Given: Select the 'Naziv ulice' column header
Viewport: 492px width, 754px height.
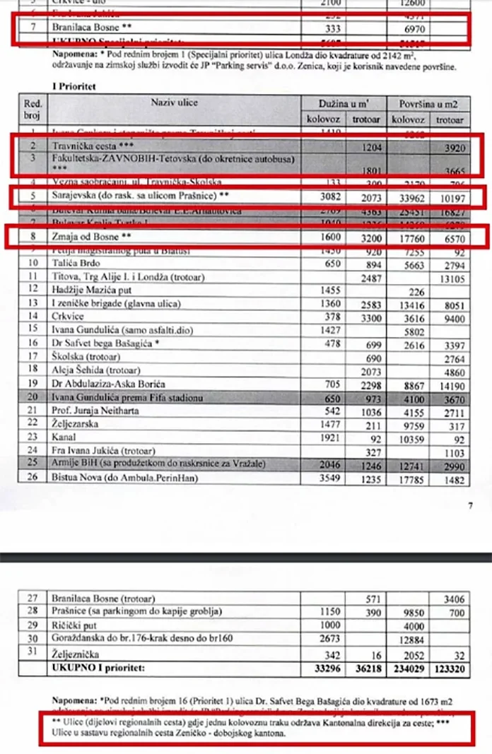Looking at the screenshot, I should point(174,103).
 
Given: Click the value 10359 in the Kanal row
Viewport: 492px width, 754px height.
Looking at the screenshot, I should point(408,437).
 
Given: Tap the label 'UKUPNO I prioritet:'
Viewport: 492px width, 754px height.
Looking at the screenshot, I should point(96,666).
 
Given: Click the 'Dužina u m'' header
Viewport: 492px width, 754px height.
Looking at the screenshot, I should point(345,103).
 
